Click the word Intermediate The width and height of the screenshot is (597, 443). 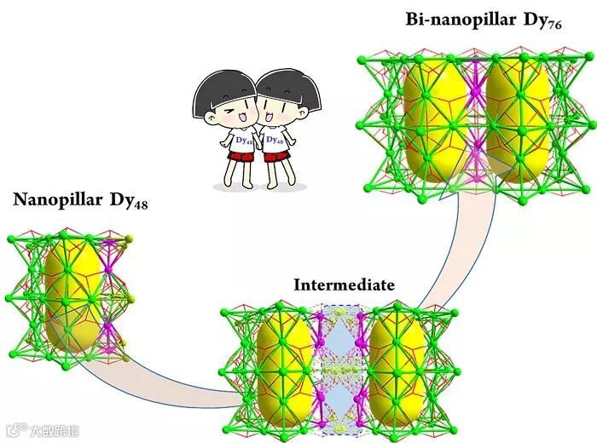tap(344, 285)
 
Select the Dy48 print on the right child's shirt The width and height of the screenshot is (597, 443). tap(274, 140)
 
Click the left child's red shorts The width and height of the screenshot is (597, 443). tap(240, 157)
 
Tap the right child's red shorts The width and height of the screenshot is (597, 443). tap(275, 156)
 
